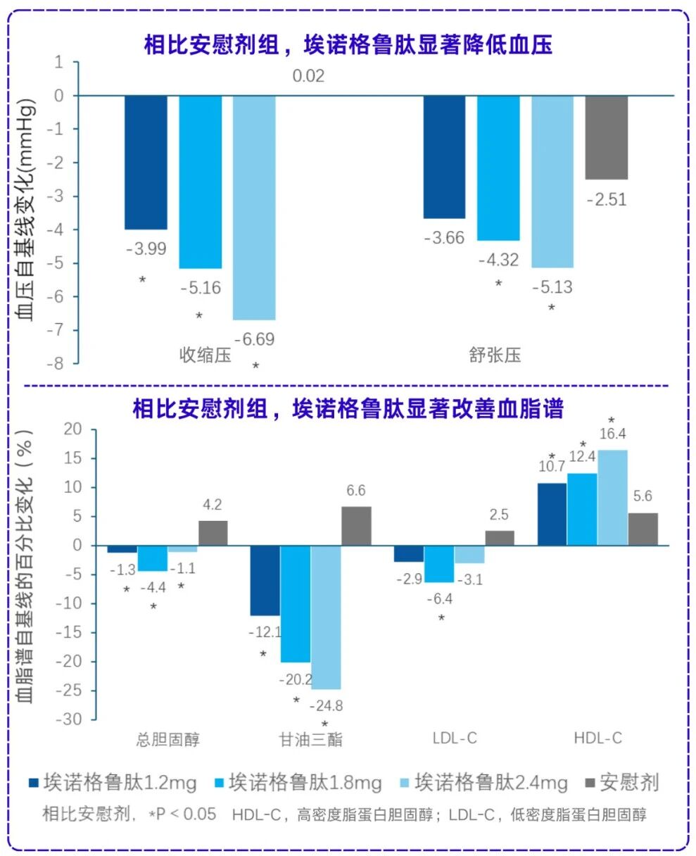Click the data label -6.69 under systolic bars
[254, 339]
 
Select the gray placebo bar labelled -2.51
[606, 137]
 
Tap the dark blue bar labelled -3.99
[146, 162]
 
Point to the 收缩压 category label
[205, 355]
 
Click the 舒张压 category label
[495, 355]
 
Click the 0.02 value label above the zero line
[309, 76]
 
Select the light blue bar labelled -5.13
[552, 181]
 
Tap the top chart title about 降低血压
[348, 45]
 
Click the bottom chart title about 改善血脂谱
[348, 409]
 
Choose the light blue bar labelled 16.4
[612, 497]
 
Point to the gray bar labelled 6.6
[356, 525]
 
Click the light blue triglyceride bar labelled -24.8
[326, 617]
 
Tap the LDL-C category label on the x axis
[455, 738]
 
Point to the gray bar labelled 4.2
[213, 533]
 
